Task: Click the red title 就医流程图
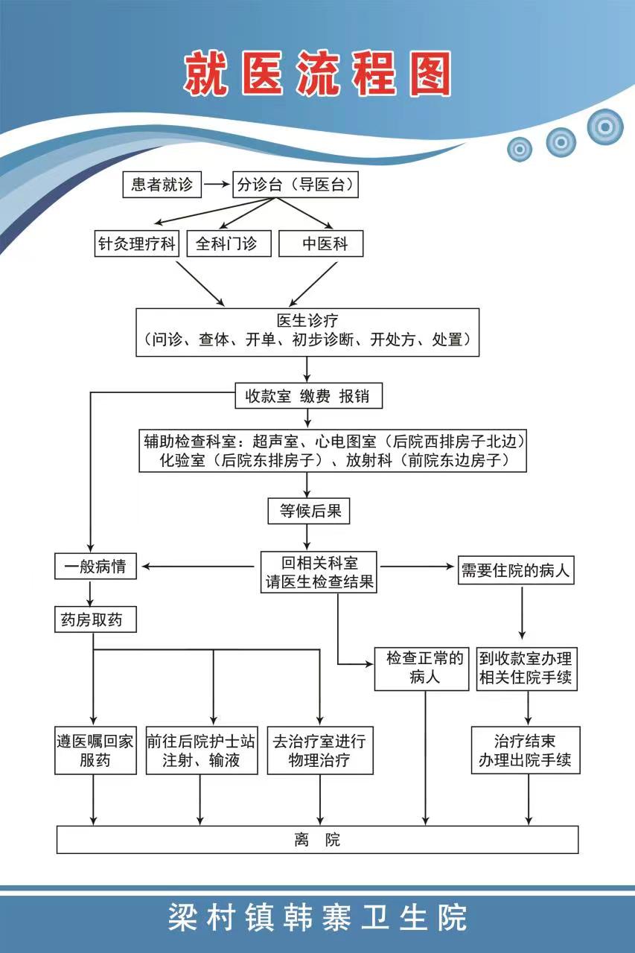coord(318,74)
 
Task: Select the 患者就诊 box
coord(162,185)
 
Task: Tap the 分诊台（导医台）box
coord(295,185)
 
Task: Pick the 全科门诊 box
coord(226,243)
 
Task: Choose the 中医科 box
coord(321,243)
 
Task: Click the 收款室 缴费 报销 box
coord(307,396)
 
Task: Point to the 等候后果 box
coord(308,511)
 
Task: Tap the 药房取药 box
coord(95,619)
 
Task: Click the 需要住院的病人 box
coord(516,571)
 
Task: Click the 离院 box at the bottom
coord(318,840)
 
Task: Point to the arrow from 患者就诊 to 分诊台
coord(216,185)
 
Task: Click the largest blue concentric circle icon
coord(604,127)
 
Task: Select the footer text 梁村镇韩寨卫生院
coord(318,917)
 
